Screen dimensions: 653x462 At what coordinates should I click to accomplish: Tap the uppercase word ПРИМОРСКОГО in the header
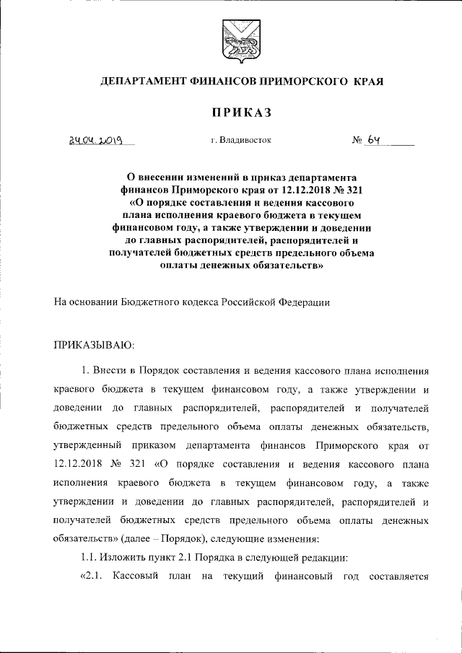click(298, 82)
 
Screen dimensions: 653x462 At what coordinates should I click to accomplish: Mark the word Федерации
click(304, 303)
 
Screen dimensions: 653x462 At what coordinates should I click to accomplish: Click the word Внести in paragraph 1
click(113, 370)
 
